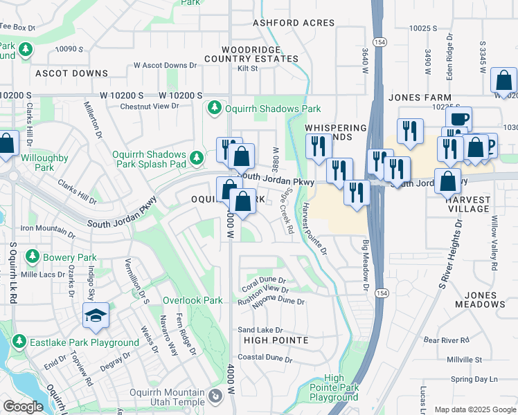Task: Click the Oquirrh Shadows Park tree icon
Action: click(215, 109)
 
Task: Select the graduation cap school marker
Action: click(96, 317)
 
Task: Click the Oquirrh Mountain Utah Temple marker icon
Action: click(215, 397)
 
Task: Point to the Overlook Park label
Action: click(193, 301)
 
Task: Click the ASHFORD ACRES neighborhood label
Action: click(294, 23)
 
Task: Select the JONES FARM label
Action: click(420, 98)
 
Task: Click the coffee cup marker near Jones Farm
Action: click(458, 118)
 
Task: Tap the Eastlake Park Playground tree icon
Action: click(19, 342)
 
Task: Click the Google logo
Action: click(23, 407)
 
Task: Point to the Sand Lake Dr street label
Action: click(260, 330)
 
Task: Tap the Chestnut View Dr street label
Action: click(150, 106)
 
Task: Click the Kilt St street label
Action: click(247, 68)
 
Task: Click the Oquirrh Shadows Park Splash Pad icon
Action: click(197, 158)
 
